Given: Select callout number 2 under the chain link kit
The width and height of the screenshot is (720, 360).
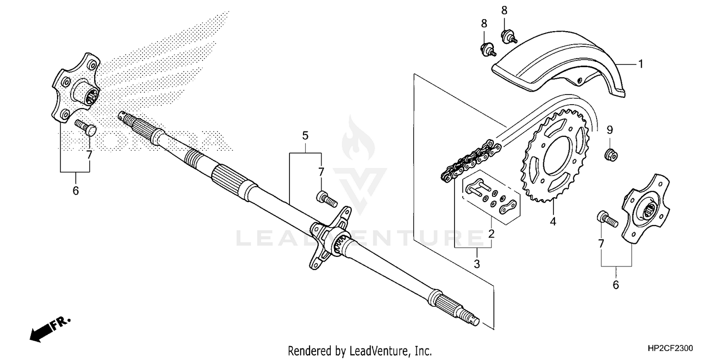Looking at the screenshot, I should pos(491,234).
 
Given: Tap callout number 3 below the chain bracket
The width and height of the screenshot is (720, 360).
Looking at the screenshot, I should pos(477,264).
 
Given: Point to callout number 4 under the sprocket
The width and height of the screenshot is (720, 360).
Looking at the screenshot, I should pos(553,222).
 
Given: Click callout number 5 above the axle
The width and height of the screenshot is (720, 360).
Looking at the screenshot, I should pos(305,135).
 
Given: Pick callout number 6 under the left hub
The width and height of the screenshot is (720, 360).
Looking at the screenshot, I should pos(75,191).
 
